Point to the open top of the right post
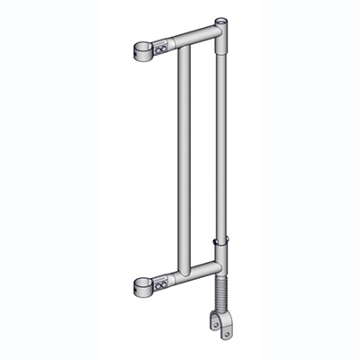tap(221, 17)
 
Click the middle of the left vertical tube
tap(184, 162)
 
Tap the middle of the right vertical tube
tap(220, 135)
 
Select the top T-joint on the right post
tap(220, 31)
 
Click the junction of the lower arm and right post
tap(216, 264)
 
